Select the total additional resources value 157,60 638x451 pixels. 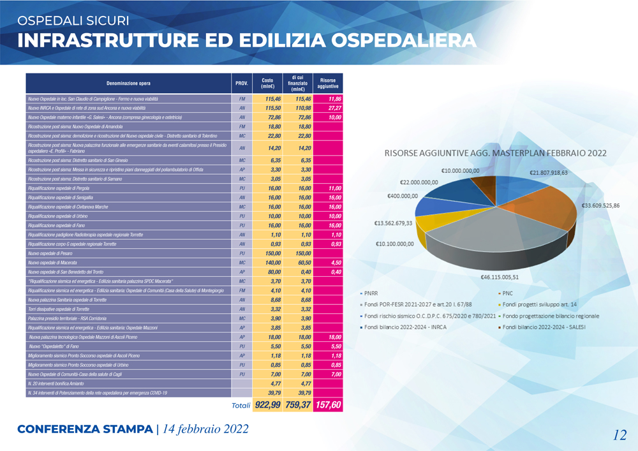(328, 404)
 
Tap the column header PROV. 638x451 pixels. (242, 84)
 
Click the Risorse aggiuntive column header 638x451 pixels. (328, 84)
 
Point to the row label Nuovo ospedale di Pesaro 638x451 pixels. (53, 253)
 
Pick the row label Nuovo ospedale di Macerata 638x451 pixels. (54, 263)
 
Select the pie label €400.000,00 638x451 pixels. (403, 196)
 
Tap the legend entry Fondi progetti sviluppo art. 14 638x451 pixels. (540, 304)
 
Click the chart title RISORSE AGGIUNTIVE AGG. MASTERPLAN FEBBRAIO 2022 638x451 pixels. (495, 153)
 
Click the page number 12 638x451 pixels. (619, 435)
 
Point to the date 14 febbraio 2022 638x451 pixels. (205, 429)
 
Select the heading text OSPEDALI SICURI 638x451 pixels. (73, 21)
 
